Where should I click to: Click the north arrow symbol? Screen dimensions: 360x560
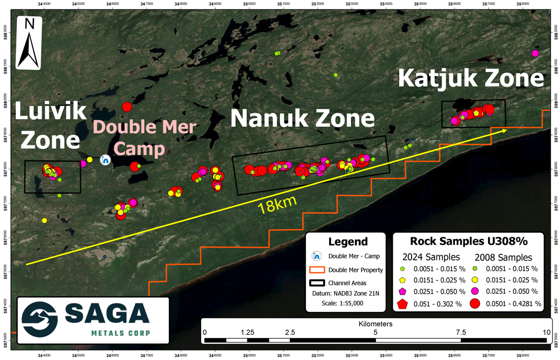[x=29, y=43]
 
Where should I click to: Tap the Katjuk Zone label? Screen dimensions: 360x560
[x=471, y=79]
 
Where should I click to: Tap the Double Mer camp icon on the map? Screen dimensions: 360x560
[x=105, y=160]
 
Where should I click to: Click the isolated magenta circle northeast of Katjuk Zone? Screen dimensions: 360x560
[x=535, y=53]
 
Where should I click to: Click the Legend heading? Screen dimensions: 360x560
[x=348, y=242]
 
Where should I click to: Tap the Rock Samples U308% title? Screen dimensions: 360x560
[x=468, y=242]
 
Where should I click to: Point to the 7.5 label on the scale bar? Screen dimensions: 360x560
[x=460, y=332]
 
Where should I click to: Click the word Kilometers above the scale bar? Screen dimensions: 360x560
[x=375, y=324]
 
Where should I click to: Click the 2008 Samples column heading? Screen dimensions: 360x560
[x=503, y=257]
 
